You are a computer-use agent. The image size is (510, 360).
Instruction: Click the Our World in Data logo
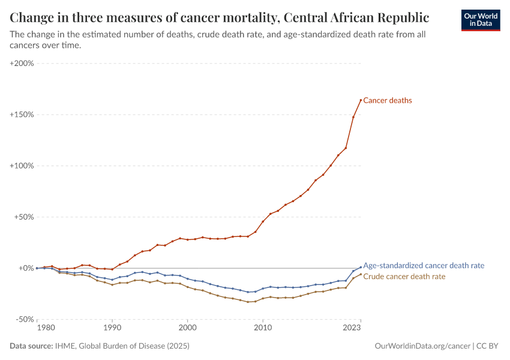click(480, 20)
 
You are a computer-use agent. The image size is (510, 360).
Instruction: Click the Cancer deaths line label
click(388, 101)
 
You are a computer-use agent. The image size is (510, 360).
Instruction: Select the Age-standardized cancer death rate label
click(424, 265)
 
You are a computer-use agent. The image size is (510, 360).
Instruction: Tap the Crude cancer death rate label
click(404, 277)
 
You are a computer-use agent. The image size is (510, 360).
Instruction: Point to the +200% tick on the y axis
click(22, 63)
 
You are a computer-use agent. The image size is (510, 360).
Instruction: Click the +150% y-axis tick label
click(22, 115)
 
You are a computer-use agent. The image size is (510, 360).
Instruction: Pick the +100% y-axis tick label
click(22, 166)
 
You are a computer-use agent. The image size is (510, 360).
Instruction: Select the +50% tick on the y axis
click(24, 217)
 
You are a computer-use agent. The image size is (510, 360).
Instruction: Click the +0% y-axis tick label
click(26, 268)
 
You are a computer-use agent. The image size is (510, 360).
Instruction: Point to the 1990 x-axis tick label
click(112, 328)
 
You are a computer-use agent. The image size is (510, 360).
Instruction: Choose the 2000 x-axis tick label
click(187, 328)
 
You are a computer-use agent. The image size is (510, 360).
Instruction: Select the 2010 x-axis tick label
click(262, 328)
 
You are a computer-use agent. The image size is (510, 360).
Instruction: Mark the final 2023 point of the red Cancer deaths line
click(361, 100)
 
